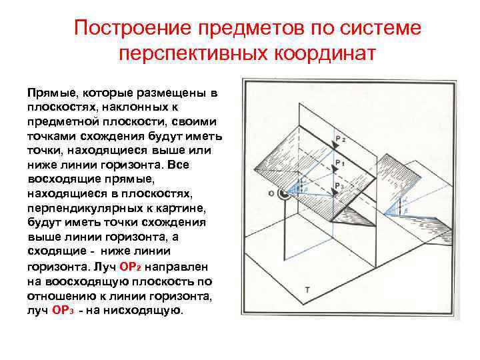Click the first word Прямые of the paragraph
[x=51, y=92]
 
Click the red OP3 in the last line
[x=62, y=310]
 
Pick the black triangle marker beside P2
[x=332, y=148]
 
